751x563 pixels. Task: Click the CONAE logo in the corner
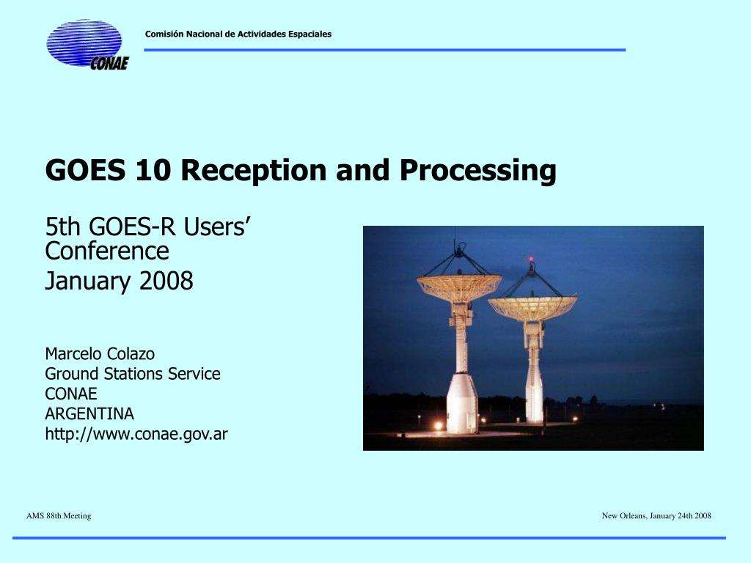click(x=87, y=45)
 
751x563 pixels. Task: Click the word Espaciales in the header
click(x=310, y=34)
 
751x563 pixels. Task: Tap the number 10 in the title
click(x=153, y=170)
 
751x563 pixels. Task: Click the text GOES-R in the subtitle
click(x=132, y=227)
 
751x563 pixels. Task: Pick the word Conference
click(x=107, y=251)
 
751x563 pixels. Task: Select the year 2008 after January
click(x=166, y=281)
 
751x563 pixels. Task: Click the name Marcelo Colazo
click(x=100, y=354)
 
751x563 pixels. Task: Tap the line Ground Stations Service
click(x=133, y=374)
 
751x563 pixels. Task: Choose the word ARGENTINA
click(x=89, y=413)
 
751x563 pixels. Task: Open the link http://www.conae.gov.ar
click(x=136, y=434)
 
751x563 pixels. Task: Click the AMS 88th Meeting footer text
click(x=59, y=516)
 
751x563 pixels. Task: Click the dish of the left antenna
click(x=459, y=287)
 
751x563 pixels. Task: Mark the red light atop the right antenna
click(x=531, y=259)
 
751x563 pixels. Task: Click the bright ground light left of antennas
click(x=439, y=425)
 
